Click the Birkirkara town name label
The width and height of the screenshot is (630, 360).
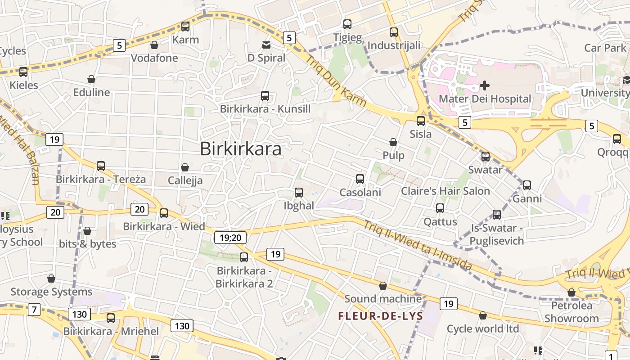pyautogui.click(x=240, y=149)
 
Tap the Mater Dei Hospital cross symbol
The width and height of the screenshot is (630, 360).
pyautogui.click(x=485, y=85)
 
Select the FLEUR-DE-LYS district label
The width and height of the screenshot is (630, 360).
pyautogui.click(x=381, y=316)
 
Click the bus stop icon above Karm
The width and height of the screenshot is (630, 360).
pyautogui.click(x=185, y=27)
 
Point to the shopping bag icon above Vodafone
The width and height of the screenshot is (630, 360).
pyautogui.click(x=154, y=45)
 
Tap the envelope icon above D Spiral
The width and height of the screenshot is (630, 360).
pyautogui.click(x=266, y=45)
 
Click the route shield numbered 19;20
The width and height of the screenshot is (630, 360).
pyautogui.click(x=230, y=237)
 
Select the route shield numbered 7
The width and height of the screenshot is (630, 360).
pyautogui.click(x=34, y=310)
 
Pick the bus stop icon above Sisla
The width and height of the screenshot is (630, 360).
pyautogui.click(x=421, y=121)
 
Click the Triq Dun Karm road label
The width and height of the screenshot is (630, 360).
pyautogui.click(x=336, y=80)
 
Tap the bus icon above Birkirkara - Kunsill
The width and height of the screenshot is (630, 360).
pyautogui.click(x=265, y=96)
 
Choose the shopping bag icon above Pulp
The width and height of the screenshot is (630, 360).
pyautogui.click(x=393, y=142)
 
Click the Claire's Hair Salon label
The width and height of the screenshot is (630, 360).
pyautogui.click(x=445, y=191)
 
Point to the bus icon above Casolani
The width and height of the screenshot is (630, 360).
pyautogui.click(x=360, y=179)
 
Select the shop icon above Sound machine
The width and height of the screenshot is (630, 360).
pyautogui.click(x=383, y=286)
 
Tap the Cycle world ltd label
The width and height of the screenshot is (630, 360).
pyautogui.click(x=483, y=328)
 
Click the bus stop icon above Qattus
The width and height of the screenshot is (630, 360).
pyautogui.click(x=440, y=208)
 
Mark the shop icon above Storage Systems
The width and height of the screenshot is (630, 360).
pyautogui.click(x=51, y=279)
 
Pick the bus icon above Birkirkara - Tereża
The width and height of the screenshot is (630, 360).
pyautogui.click(x=101, y=166)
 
